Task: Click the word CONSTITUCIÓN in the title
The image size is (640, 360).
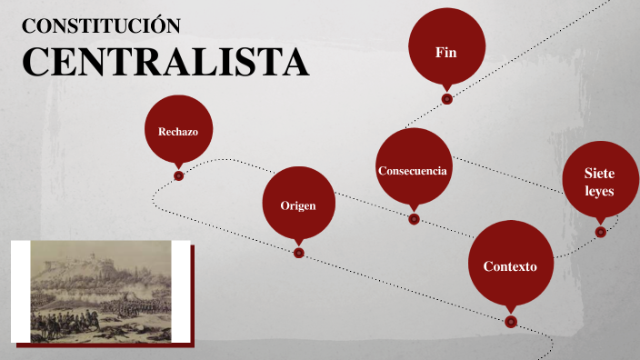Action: point(101,25)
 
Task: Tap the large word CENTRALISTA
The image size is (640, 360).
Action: point(165,62)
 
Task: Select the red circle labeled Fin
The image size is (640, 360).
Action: point(445,52)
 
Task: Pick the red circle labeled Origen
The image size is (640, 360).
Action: point(298,205)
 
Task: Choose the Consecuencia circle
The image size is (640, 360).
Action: point(413,170)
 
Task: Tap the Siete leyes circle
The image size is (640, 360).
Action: point(600,182)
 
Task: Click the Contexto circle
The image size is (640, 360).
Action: point(510,266)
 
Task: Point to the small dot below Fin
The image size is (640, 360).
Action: point(446,99)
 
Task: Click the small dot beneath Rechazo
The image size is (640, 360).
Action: point(178,176)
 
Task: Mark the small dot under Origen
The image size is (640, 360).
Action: point(298,253)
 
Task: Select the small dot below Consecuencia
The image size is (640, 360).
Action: point(414,219)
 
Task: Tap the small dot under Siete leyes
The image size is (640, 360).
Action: point(600,232)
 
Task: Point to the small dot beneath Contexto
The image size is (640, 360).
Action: point(511,322)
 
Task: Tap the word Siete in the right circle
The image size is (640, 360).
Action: point(600,174)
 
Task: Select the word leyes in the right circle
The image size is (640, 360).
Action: point(600,192)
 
